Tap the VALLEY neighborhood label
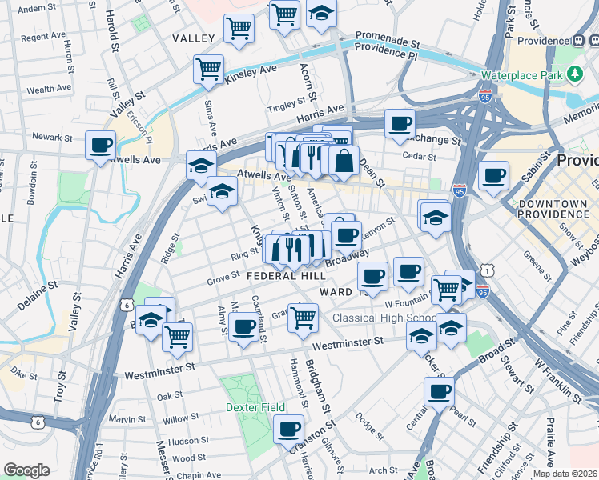pyautogui.click(x=193, y=38)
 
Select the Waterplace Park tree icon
pyautogui.click(x=574, y=74)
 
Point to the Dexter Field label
pyautogui.click(x=262, y=407)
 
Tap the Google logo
pyautogui.click(x=26, y=470)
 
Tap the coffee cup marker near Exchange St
pyautogui.click(x=400, y=123)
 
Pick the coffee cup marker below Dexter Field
pyautogui.click(x=288, y=429)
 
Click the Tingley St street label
pyautogui.click(x=287, y=103)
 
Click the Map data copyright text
pyautogui.click(x=565, y=474)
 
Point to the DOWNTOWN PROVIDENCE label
pyautogui.click(x=553, y=210)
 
